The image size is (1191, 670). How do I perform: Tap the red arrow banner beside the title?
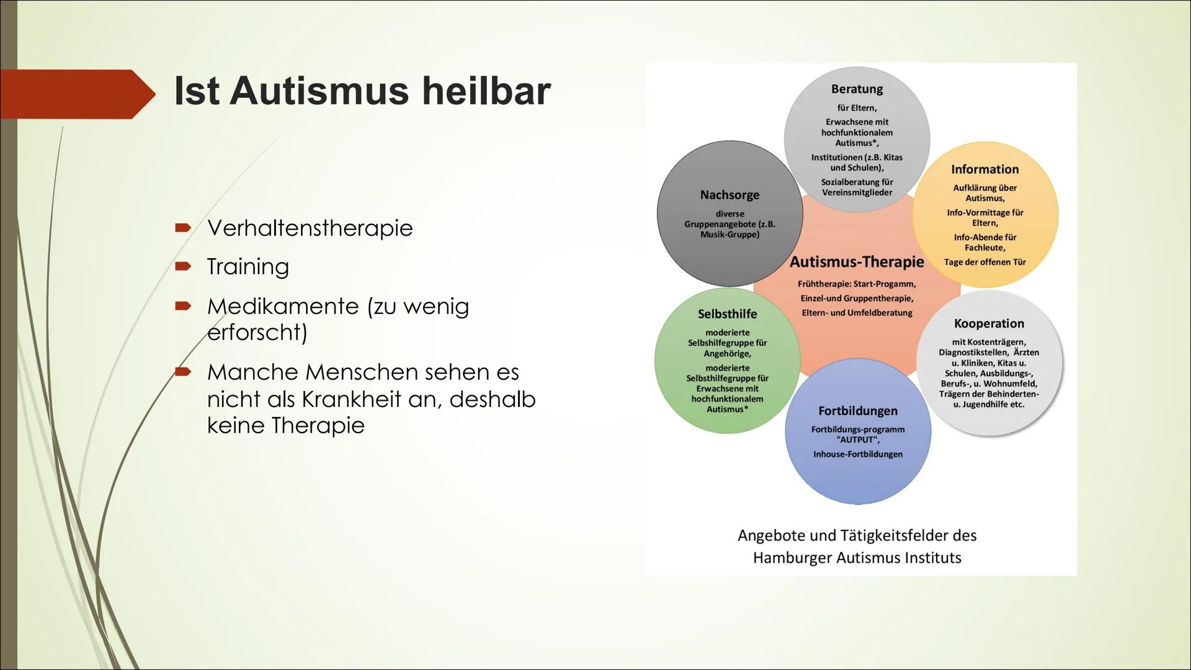tap(74, 94)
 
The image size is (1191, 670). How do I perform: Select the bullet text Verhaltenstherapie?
tap(310, 228)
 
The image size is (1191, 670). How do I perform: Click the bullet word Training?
tap(248, 266)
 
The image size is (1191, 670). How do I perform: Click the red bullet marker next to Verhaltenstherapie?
tap(182, 228)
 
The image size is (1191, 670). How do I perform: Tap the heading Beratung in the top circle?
tap(857, 89)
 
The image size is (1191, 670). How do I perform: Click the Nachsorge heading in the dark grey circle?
tap(729, 195)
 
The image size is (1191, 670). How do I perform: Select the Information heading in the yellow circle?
tap(984, 169)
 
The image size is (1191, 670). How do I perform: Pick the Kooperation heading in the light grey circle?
tap(989, 323)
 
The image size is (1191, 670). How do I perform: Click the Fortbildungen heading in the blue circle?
tap(857, 411)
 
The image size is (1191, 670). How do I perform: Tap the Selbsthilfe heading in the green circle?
tap(727, 314)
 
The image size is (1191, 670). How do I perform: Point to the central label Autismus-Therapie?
tap(857, 262)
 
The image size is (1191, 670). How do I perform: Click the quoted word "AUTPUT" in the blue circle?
tap(857, 440)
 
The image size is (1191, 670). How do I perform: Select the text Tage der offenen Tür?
tap(984, 262)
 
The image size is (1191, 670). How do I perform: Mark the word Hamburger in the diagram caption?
tap(792, 558)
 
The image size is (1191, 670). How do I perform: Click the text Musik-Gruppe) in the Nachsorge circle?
tap(729, 234)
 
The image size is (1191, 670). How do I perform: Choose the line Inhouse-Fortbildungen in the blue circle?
tap(857, 454)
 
